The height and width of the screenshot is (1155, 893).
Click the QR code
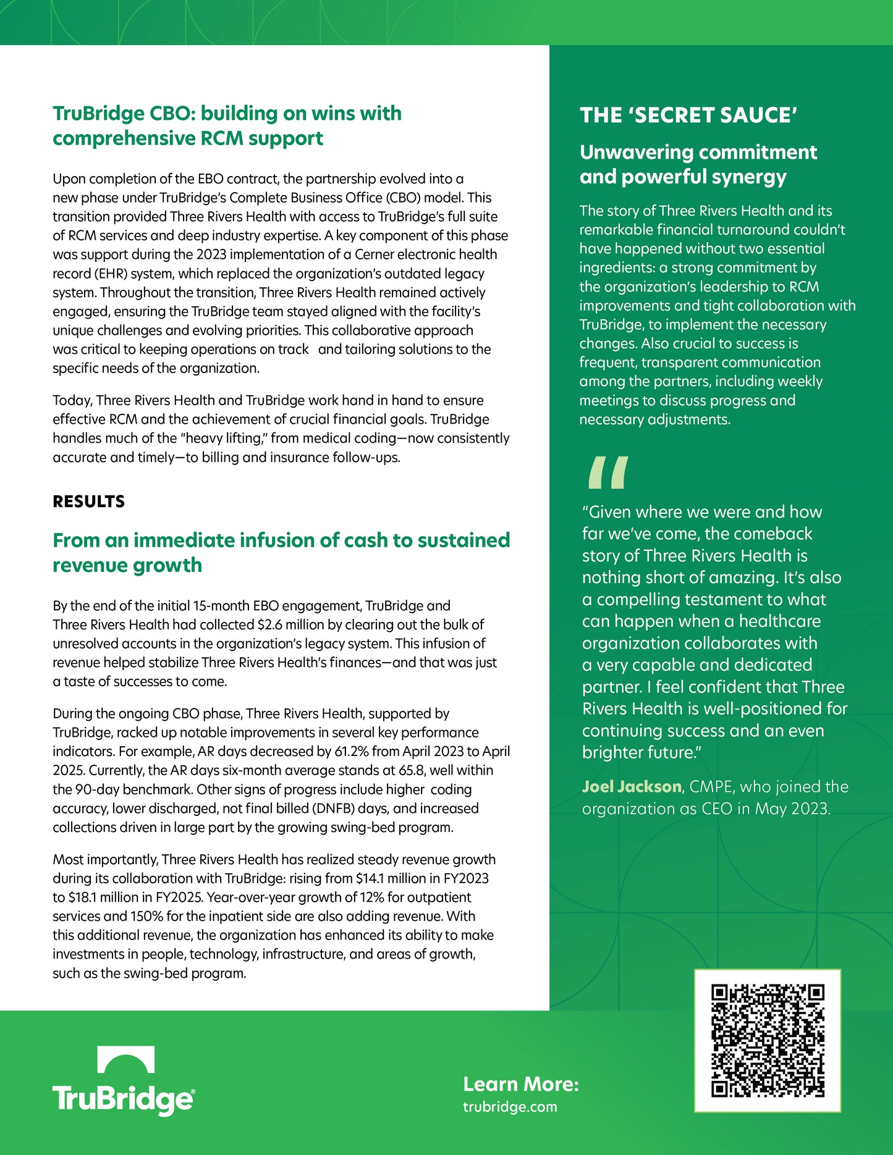point(768,1041)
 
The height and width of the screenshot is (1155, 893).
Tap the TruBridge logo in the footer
point(124,1081)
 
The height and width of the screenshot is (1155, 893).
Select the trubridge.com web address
point(510,1107)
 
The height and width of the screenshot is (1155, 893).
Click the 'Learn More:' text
point(521,1084)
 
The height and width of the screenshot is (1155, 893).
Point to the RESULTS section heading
point(88,502)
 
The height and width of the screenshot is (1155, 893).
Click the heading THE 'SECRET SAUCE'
point(688,115)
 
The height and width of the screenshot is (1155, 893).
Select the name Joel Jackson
point(631,787)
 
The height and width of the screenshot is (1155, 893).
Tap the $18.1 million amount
point(103,897)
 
